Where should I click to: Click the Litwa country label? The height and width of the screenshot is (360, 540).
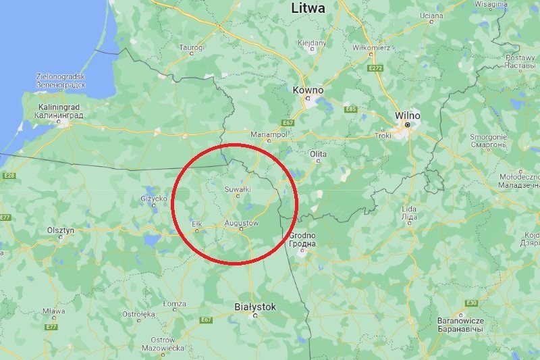308,8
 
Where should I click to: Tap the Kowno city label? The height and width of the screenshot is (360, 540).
308,90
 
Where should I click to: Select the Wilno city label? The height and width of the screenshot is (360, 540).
408,115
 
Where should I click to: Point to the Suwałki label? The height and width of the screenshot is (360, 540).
238,189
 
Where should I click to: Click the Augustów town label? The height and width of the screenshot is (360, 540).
241,222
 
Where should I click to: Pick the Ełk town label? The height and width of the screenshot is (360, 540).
196,222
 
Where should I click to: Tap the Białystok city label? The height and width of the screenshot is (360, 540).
255,307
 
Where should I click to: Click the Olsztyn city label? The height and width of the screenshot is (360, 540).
60,230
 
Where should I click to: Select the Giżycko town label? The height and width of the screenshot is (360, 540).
153,199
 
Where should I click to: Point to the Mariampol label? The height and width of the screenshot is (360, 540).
269,134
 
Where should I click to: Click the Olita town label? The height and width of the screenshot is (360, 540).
318,154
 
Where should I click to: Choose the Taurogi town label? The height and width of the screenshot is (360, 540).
192,47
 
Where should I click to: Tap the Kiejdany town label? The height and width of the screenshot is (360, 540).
312,43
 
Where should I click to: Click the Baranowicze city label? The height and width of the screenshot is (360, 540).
460,320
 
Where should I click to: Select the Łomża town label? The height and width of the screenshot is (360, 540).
174,303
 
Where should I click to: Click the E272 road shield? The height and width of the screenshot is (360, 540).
376,68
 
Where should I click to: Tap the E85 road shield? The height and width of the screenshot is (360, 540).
350,109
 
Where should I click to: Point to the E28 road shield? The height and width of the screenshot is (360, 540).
8,176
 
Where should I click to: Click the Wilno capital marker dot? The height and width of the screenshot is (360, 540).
408,125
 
